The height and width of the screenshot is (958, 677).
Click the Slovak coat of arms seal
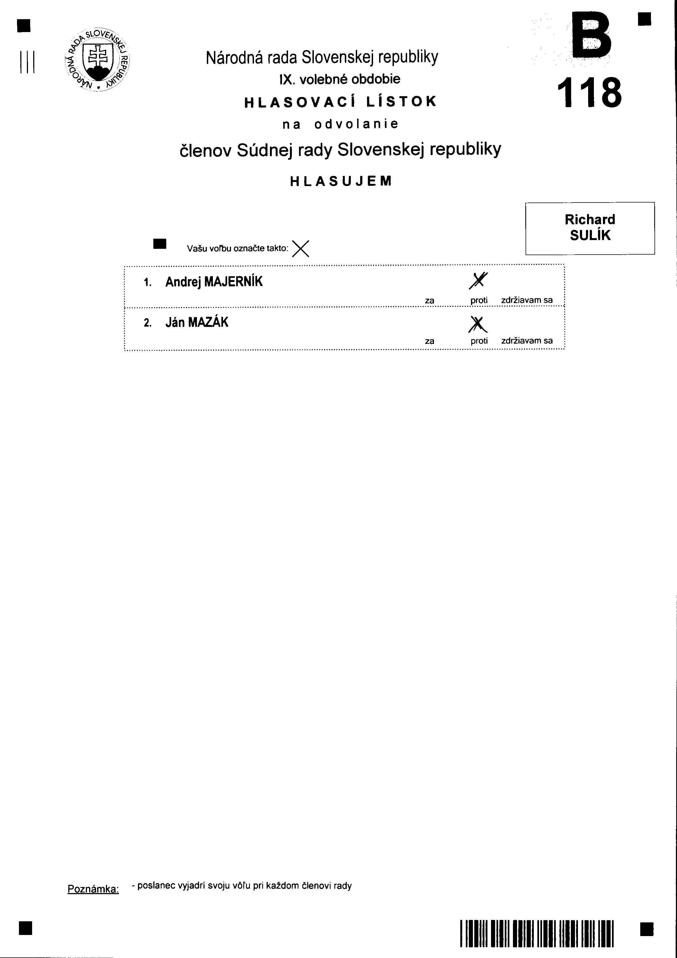[98, 60]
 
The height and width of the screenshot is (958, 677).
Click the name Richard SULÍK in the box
[590, 228]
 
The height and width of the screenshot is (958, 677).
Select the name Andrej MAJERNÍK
[214, 282]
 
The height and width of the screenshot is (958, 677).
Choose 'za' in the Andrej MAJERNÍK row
[429, 300]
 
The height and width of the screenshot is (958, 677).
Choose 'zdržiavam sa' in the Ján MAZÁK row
[527, 340]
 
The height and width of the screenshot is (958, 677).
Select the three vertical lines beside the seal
[26, 62]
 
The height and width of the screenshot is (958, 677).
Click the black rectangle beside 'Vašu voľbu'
[160, 244]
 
